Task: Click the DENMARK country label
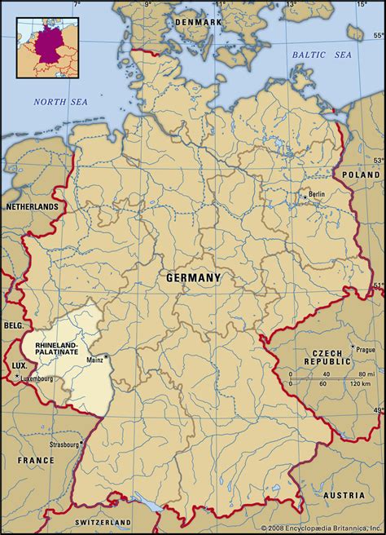pos(199,22)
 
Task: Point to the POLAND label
pos(361,175)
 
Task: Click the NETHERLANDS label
pos(32,207)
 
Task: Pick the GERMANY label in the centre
pos(193,277)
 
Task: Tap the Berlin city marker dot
pos(305,197)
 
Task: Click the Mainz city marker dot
pos(106,356)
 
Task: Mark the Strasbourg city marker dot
pos(81,445)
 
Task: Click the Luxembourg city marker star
pos(17,376)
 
